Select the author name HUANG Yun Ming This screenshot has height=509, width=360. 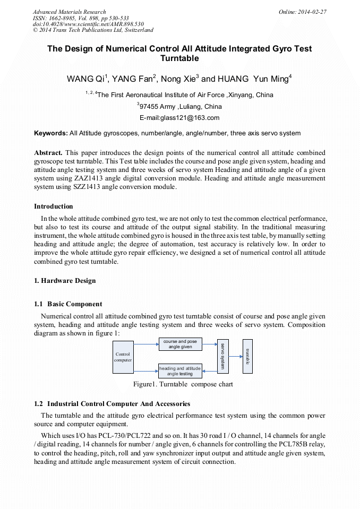(254, 79)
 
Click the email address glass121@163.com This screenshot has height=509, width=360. (179, 118)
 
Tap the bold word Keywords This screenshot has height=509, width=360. (50, 133)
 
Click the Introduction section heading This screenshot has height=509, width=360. (54, 206)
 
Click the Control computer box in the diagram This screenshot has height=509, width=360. (123, 357)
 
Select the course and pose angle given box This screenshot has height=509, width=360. (180, 344)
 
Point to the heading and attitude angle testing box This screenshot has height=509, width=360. (180, 370)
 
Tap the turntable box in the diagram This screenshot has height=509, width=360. (247, 356)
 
